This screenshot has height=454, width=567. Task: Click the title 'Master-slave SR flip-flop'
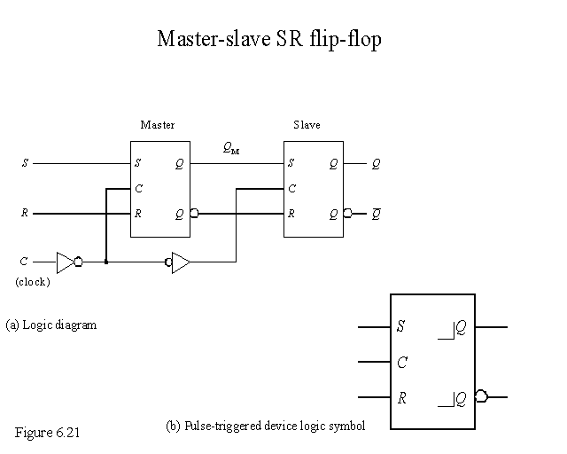268,40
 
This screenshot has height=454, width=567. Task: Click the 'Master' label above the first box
158,125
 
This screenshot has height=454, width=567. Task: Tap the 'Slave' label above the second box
307,125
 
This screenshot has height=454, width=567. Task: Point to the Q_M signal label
231,149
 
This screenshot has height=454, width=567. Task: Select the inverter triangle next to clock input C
66,262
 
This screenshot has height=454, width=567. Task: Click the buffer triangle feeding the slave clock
181,262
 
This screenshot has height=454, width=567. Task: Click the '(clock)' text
33,282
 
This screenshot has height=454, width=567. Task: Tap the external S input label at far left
25,164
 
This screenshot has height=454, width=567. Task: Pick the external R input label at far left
25,214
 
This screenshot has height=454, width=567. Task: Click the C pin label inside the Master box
138,189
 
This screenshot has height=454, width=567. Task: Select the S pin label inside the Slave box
291,164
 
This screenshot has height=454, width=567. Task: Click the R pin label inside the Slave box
291,214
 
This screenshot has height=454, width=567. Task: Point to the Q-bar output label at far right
377,213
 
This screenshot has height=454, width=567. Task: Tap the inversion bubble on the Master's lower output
193,214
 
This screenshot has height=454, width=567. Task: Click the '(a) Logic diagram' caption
50,325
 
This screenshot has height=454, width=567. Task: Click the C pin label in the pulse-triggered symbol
402,362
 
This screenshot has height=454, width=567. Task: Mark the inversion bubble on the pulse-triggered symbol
480,396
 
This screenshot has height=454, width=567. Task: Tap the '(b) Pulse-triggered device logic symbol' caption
266,426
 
